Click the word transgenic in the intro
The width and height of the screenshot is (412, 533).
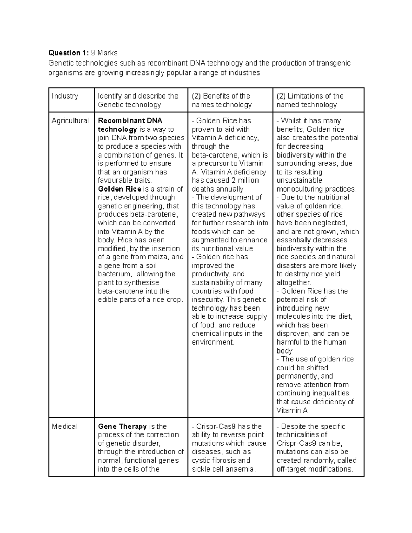pos(333,63)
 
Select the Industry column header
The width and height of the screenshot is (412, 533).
pos(65,96)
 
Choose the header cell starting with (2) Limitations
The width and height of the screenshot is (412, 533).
pos(310,100)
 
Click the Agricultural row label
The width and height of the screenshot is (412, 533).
pos(70,121)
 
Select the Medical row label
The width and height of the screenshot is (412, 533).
pos(65,426)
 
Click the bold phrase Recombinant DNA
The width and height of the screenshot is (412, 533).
pos(130,121)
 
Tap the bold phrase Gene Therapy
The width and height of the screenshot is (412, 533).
pos(122,426)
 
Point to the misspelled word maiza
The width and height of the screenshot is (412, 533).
pos(160,257)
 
